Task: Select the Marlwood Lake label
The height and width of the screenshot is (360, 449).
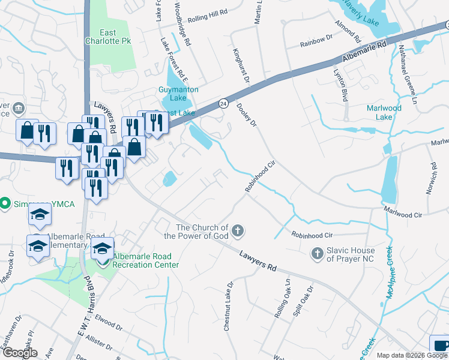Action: pyautogui.click(x=384, y=112)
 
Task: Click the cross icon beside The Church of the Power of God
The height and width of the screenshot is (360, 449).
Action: pyautogui.click(x=238, y=231)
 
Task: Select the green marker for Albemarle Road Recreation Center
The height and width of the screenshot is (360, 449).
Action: pyautogui.click(x=103, y=260)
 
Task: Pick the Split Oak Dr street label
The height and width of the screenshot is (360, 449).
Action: pyautogui.click(x=306, y=302)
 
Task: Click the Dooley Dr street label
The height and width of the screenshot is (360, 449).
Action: pyautogui.click(x=247, y=115)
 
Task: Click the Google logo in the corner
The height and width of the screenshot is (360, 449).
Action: pyautogui.click(x=20, y=352)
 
